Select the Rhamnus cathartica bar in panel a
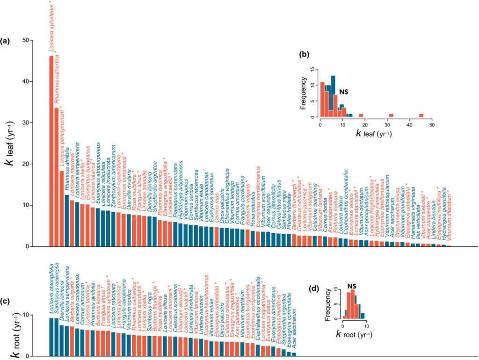click(x=57, y=177)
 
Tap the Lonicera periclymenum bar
click(x=62, y=209)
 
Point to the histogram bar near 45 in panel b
click(x=421, y=115)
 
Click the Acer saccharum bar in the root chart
click(x=294, y=354)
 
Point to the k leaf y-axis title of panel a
click(x=13, y=145)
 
